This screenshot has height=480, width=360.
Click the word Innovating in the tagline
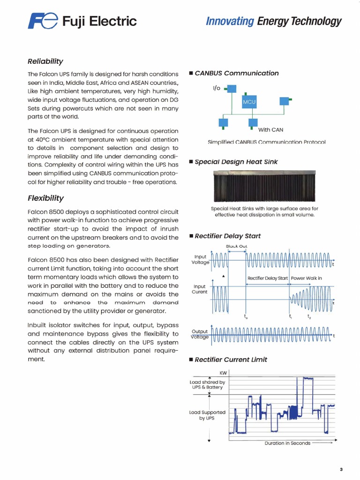click(230, 21)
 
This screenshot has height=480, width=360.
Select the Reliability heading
click(45, 61)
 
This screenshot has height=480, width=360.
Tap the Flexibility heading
click(45, 198)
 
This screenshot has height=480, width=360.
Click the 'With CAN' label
click(270, 130)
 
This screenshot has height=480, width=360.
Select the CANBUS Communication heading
click(236, 73)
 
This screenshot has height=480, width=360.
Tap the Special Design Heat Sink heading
click(236, 162)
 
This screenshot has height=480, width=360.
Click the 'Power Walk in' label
click(307, 278)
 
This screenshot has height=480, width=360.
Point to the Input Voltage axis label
click(201, 260)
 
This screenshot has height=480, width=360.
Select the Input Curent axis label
click(200, 289)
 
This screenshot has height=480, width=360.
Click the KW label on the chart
click(223, 373)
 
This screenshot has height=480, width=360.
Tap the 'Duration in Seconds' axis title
click(287, 443)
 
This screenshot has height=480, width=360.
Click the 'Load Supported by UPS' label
click(207, 415)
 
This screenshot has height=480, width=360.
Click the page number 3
click(341, 469)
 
